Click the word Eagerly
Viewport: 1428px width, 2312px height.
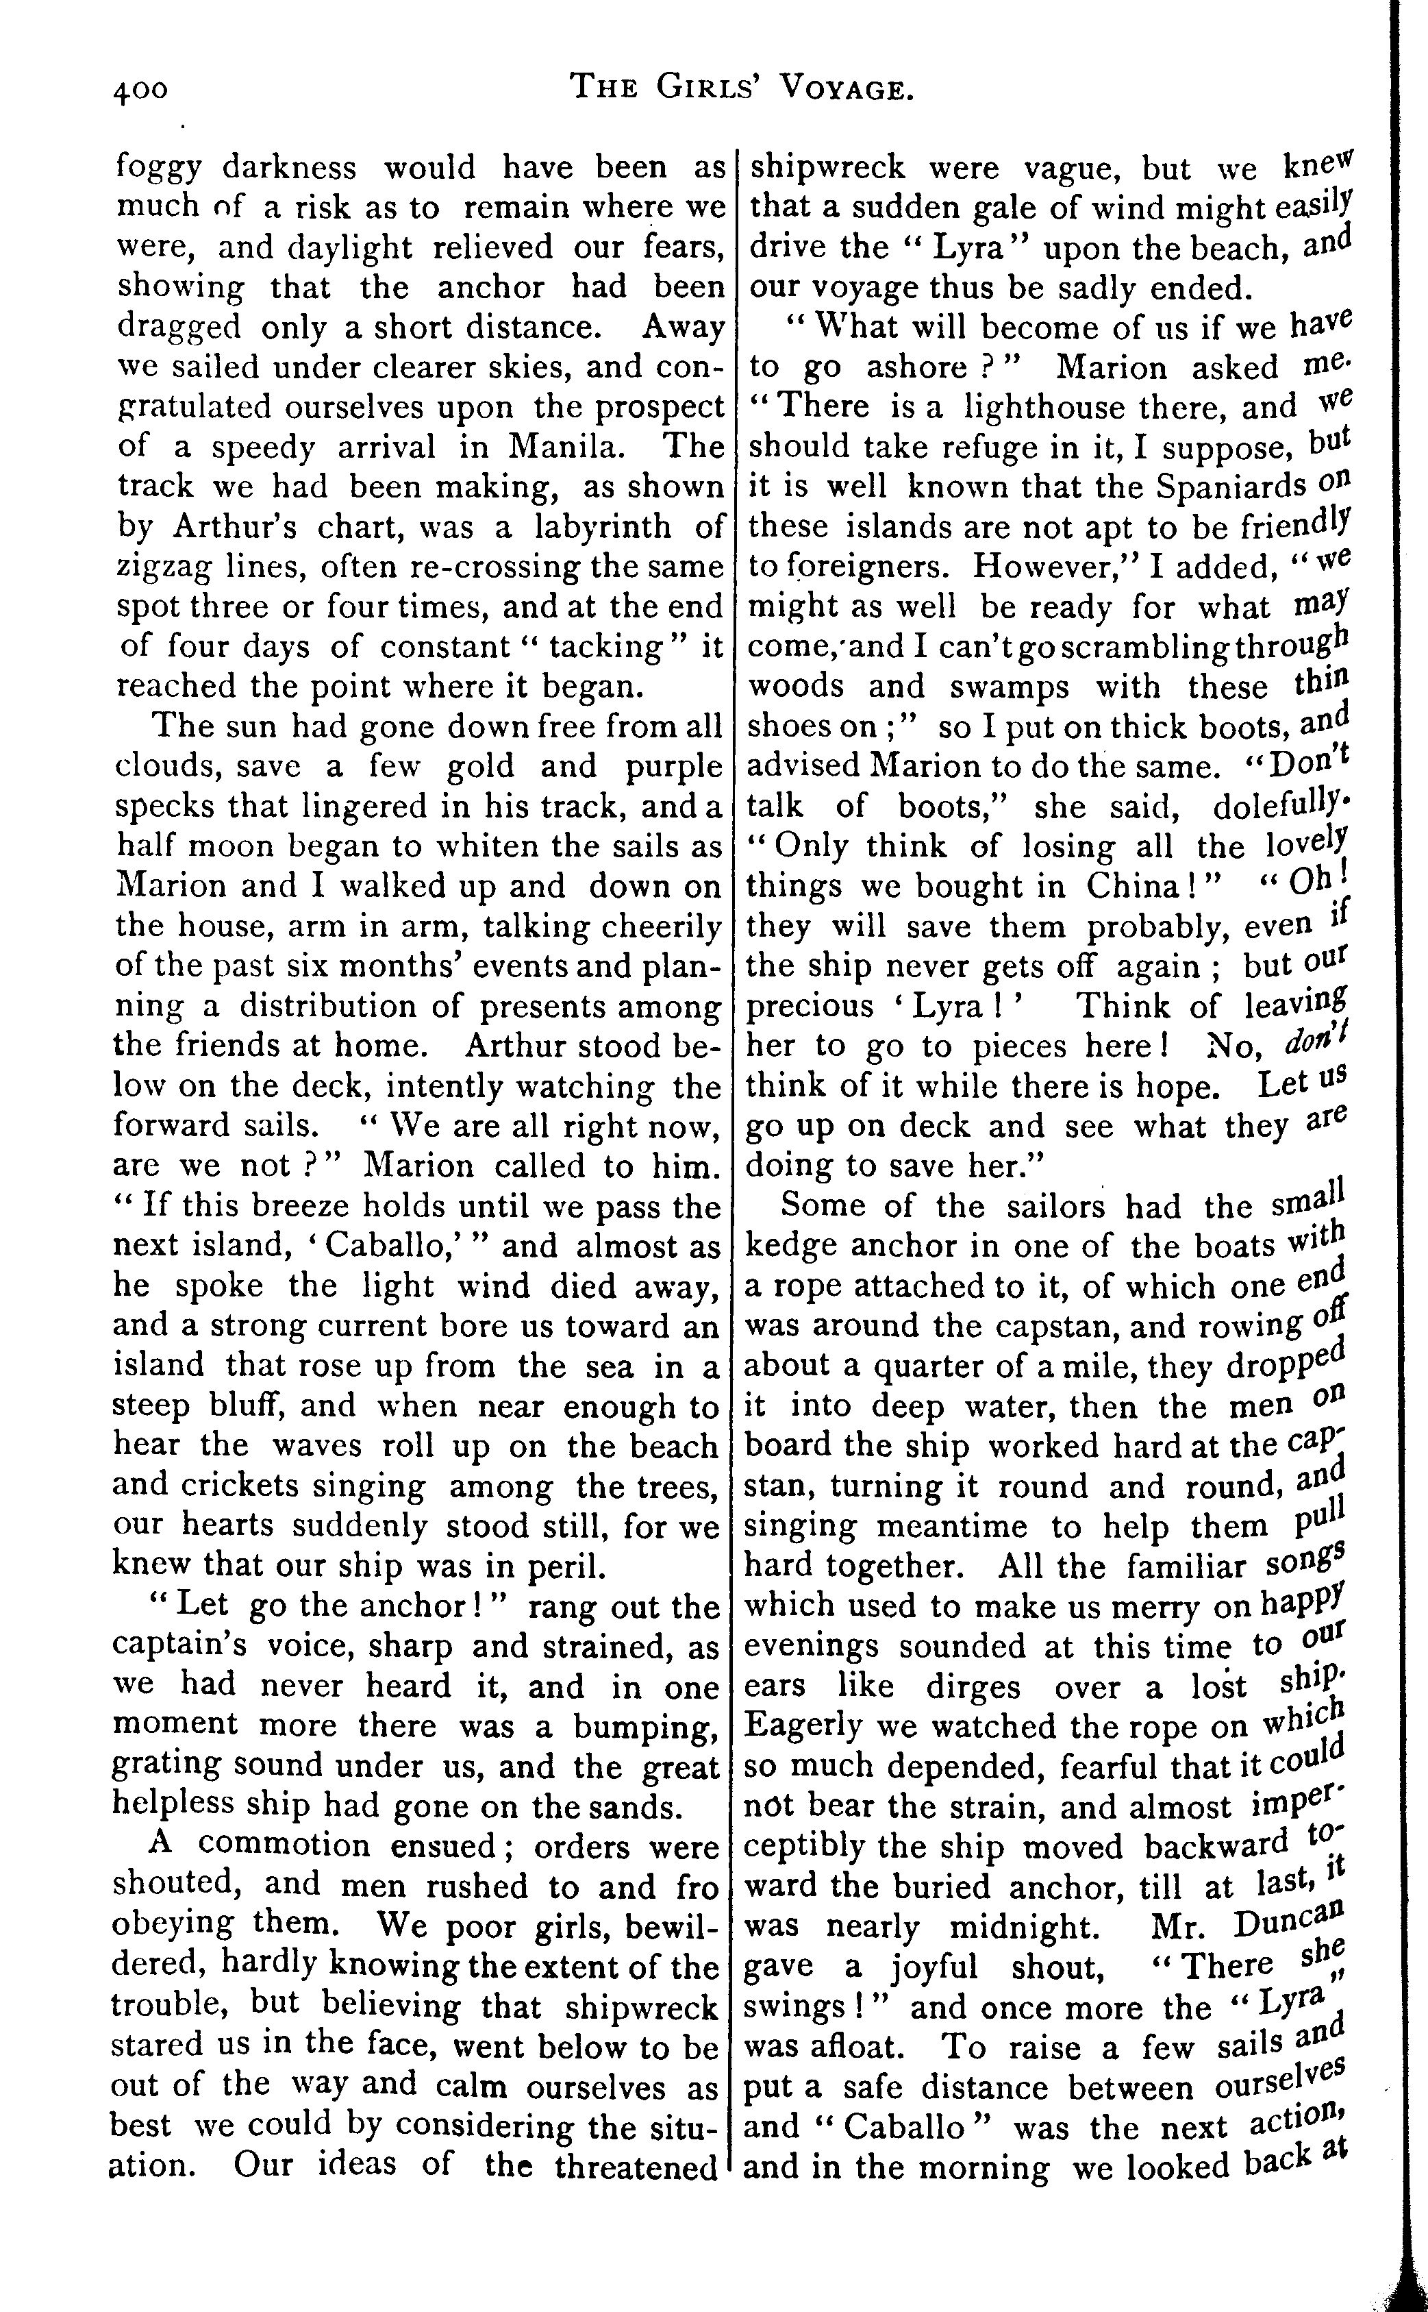[x=804, y=1727]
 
